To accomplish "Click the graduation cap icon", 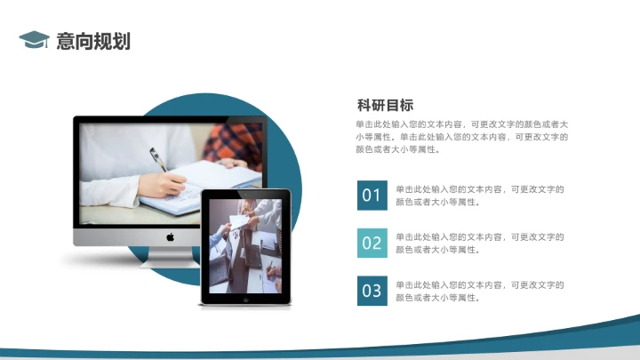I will pyautogui.click(x=34, y=39).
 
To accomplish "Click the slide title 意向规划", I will pyautogui.click(x=93, y=40).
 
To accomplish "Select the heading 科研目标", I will pyautogui.click(x=385, y=105).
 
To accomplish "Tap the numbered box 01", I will pyautogui.click(x=372, y=195).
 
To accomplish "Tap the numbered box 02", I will pyautogui.click(x=372, y=243).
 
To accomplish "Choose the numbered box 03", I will pyautogui.click(x=372, y=291).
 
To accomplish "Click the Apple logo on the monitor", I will pyautogui.click(x=170, y=236).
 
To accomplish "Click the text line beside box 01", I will pyautogui.click(x=480, y=195).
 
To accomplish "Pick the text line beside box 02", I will pyautogui.click(x=480, y=243).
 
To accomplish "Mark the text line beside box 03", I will pyautogui.click(x=480, y=291).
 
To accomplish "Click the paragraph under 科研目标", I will pyautogui.click(x=462, y=137).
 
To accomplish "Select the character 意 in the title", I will pyautogui.click(x=65, y=40).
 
